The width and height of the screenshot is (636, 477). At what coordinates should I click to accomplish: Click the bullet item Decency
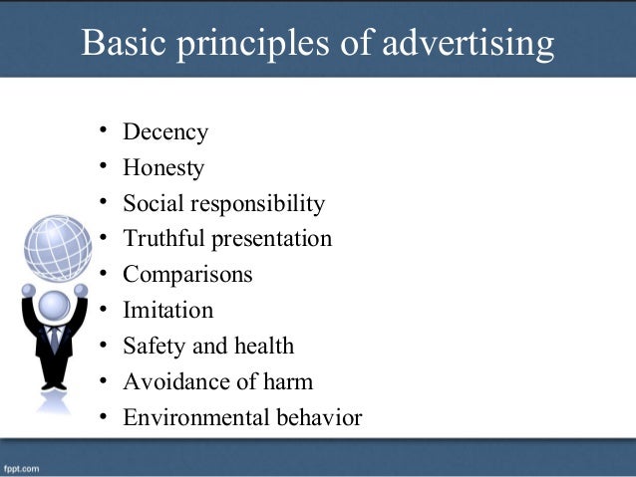(165, 132)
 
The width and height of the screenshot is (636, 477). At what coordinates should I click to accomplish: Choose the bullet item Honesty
(163, 168)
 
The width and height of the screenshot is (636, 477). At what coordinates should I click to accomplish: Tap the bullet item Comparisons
(187, 275)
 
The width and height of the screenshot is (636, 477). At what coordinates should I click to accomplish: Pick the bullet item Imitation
(167, 310)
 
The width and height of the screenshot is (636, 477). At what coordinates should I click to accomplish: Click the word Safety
(150, 346)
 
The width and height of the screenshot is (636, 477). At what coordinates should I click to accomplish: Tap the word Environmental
(189, 417)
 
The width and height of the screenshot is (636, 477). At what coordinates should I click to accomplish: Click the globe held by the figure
(57, 248)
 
